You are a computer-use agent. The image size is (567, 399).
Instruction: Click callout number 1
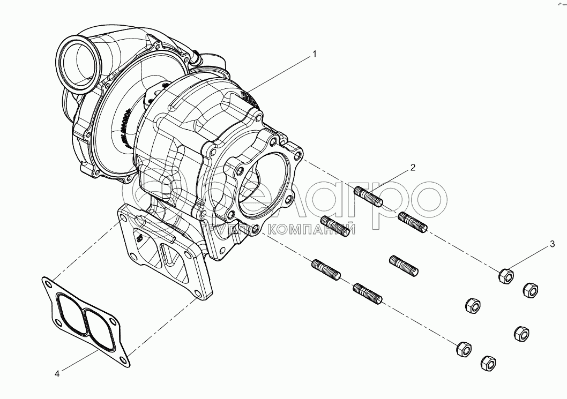point(315,54)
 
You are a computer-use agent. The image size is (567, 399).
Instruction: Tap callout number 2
point(413,168)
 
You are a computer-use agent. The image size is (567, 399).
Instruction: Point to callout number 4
point(57,373)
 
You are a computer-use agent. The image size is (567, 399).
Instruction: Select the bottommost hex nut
point(488,364)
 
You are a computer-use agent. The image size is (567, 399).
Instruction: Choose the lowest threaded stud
point(367,293)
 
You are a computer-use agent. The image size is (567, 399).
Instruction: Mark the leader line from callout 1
point(279,72)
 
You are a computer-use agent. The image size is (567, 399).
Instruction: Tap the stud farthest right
point(413,221)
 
